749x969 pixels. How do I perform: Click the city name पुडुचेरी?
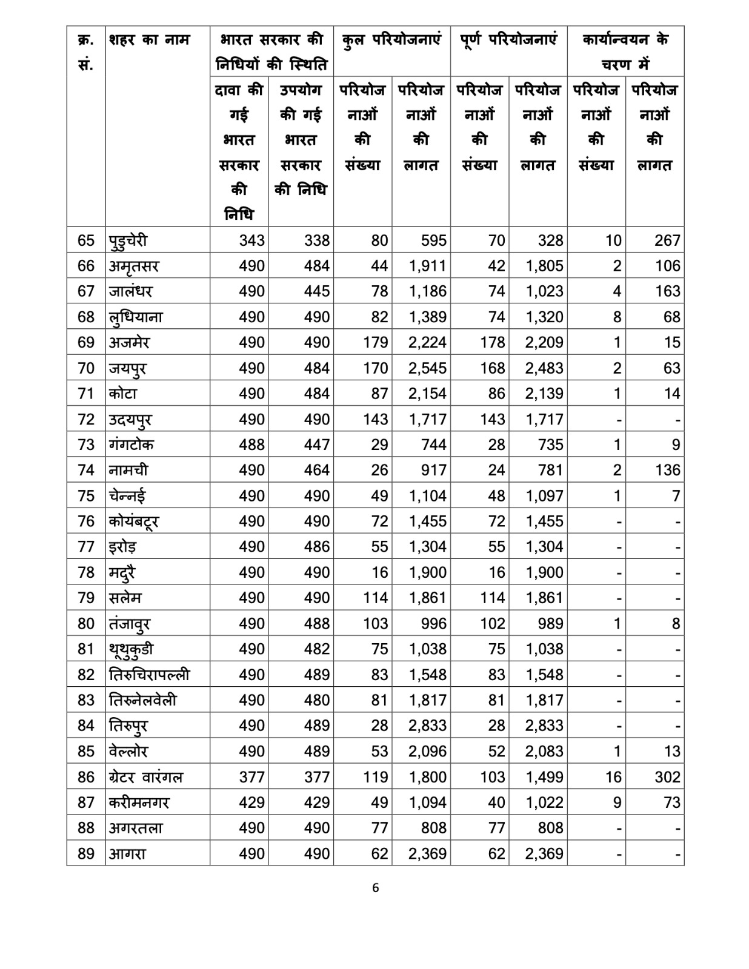[x=128, y=240]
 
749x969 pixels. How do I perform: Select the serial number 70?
[x=86, y=368]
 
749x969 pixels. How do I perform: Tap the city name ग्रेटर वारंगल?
[x=145, y=777]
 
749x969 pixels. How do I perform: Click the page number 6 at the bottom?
[x=376, y=888]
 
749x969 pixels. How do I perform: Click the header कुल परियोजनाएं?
[x=391, y=40]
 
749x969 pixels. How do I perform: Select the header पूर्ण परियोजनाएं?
[x=508, y=40]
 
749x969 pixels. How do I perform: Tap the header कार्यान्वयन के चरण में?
[x=625, y=51]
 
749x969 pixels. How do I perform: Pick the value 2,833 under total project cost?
[x=428, y=726]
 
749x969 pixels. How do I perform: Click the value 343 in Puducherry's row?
[x=251, y=240]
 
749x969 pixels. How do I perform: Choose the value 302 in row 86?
[x=667, y=777]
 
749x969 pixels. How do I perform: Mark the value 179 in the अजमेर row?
[x=375, y=343]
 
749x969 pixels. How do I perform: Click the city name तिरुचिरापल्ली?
[x=150, y=675]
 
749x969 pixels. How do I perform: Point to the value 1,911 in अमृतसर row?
[x=428, y=266]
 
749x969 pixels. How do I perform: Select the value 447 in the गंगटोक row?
[x=317, y=445]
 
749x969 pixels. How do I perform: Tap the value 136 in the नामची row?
[x=667, y=471]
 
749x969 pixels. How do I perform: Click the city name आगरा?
[x=127, y=854]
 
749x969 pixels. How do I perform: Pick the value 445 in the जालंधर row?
[x=317, y=292]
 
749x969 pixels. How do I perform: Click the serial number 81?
[x=86, y=649]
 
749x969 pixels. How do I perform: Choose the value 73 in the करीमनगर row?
[x=672, y=802]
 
